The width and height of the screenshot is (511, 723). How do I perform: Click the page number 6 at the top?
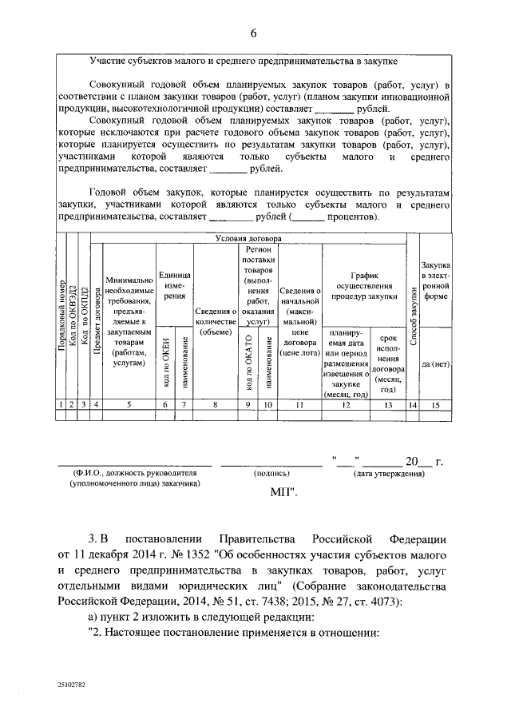pos(254,34)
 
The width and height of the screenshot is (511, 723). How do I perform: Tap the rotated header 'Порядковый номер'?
pos(60,320)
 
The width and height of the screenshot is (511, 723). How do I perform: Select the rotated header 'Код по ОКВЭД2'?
pos(72,320)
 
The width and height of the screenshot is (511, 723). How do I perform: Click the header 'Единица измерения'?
pos(173,284)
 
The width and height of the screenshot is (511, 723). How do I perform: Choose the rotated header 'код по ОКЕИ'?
pos(165,364)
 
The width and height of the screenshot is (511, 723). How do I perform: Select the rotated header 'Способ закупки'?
pos(413,320)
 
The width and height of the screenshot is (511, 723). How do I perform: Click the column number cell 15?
pos(436,406)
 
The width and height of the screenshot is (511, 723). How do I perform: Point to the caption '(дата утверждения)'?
pos(388,473)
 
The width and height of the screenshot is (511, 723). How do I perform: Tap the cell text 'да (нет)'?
pos(436,363)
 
